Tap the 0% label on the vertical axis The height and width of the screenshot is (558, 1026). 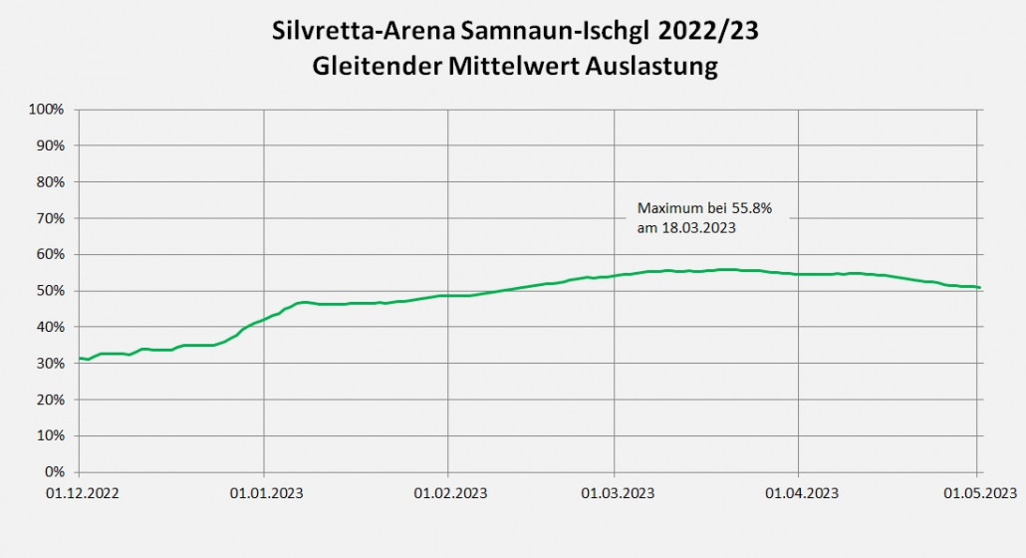(56, 471)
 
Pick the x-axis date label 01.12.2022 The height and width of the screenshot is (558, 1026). (79, 492)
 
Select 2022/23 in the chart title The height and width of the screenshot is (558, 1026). (714, 31)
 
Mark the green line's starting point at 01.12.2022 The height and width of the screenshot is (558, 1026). (80, 358)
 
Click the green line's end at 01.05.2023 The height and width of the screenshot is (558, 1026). (979, 288)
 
